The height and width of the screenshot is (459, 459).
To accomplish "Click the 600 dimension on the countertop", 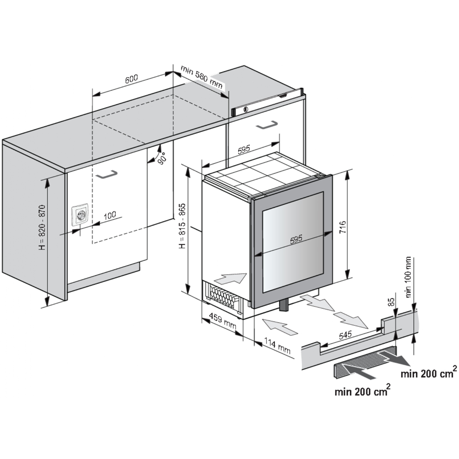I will click(132, 79).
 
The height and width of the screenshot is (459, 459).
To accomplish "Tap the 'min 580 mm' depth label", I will click(201, 77).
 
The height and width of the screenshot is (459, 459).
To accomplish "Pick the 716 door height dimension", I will click(342, 227).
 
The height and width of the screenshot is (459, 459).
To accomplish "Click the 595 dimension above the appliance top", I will click(244, 149).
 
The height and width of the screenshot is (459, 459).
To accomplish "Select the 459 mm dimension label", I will click(222, 322).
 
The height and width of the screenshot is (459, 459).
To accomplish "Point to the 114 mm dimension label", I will click(277, 346).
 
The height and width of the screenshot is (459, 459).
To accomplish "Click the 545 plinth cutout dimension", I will click(345, 335).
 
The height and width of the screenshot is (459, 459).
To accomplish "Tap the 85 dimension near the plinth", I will click(391, 302).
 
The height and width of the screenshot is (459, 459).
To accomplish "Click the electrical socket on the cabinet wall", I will click(80, 215).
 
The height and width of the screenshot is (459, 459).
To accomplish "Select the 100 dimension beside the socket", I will click(110, 215).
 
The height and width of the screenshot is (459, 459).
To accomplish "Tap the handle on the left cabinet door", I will click(106, 174).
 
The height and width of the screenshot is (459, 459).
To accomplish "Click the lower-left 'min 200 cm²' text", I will click(362, 391).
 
